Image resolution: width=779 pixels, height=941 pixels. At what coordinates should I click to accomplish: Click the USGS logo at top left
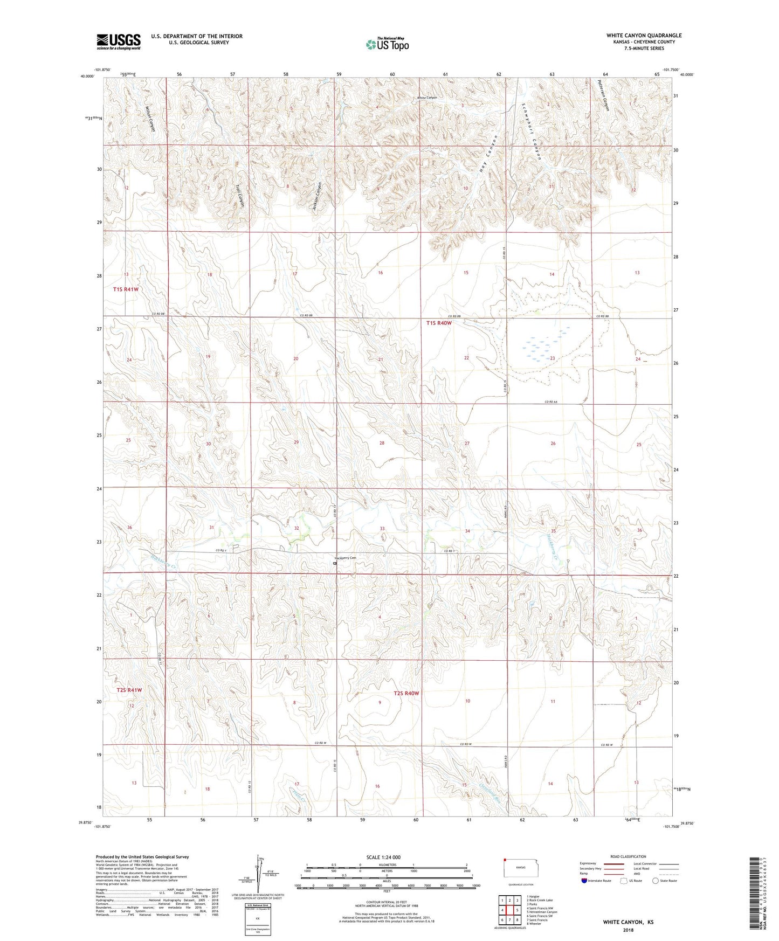pyautogui.click(x=118, y=41)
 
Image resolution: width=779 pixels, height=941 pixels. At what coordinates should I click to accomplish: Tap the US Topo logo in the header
pyautogui.click(x=387, y=44)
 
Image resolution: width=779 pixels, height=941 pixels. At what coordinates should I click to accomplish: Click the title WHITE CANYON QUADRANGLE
pyautogui.click(x=644, y=36)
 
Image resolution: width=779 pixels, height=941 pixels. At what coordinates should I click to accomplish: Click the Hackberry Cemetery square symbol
pyautogui.click(x=335, y=564)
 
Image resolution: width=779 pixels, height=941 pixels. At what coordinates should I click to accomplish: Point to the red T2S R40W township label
pyautogui.click(x=406, y=693)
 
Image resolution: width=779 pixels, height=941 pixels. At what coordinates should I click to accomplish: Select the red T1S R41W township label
pyautogui.click(x=126, y=289)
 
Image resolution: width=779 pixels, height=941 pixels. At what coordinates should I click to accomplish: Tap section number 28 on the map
pyautogui.click(x=382, y=443)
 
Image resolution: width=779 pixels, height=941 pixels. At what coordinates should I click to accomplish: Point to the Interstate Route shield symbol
pyautogui.click(x=585, y=881)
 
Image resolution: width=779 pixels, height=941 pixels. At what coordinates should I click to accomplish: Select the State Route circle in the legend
pyautogui.click(x=656, y=881)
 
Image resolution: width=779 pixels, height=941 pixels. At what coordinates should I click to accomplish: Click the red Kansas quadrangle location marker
pyautogui.click(x=505, y=860)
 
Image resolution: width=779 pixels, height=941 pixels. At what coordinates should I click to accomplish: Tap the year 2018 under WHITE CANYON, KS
pyautogui.click(x=628, y=930)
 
